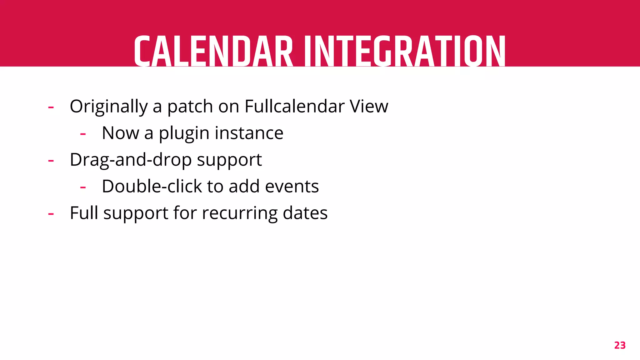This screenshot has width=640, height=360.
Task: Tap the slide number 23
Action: [620, 345]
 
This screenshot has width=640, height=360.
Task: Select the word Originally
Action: [108, 107]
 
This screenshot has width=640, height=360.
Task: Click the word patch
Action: [190, 107]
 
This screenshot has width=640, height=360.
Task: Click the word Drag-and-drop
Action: [131, 160]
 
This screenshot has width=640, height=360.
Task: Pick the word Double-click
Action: [152, 186]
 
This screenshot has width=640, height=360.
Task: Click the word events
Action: [292, 186]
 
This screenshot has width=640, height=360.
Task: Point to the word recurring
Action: [239, 213]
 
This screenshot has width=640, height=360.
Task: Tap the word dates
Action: [305, 213]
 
